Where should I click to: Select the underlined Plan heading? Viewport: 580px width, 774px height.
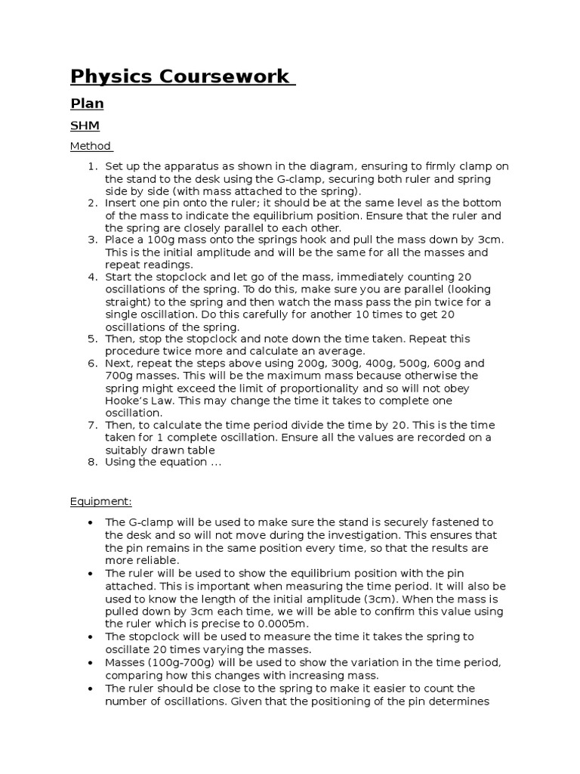87,103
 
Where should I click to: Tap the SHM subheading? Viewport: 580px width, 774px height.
85,126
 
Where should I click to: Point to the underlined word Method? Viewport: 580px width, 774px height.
90,146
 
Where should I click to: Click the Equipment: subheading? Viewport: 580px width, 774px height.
100,501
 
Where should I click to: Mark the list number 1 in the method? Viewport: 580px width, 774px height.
91,167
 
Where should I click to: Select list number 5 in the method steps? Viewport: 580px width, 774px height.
91,339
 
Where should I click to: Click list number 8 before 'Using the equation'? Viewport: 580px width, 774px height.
91,462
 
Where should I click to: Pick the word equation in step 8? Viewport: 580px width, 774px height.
187,462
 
